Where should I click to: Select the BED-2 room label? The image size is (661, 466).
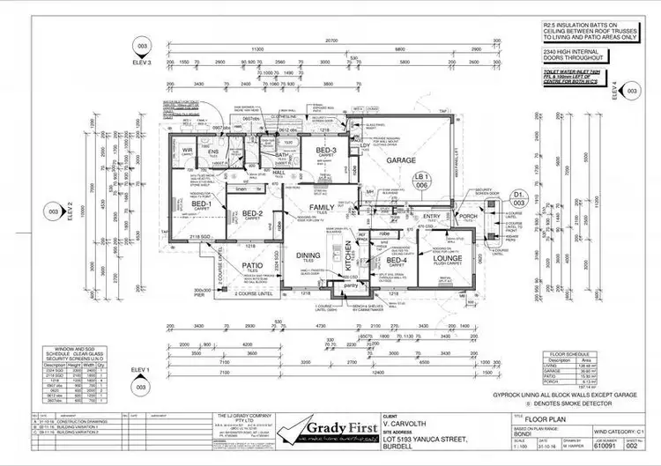(x=253, y=213)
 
